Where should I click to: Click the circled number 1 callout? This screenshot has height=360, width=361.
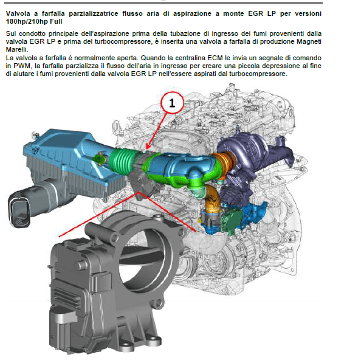pyautogui.click(x=172, y=103)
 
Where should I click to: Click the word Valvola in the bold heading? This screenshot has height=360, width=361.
pyautogui.click(x=18, y=13)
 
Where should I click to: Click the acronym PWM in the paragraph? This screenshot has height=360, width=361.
pyautogui.click(x=22, y=66)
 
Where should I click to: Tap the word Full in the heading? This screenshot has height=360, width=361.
pyautogui.click(x=56, y=22)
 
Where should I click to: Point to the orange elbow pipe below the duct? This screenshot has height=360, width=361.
pyautogui.click(x=212, y=198)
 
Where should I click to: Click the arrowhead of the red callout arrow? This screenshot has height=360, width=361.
pyautogui.click(x=148, y=147)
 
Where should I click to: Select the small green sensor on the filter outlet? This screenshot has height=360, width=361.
pyautogui.click(x=98, y=158)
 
